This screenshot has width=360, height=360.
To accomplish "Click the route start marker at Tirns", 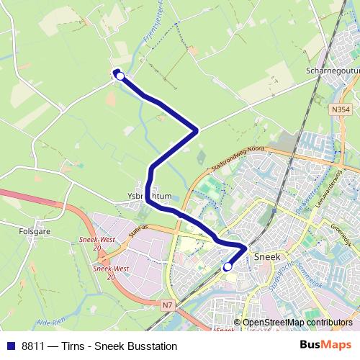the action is pos(120,76).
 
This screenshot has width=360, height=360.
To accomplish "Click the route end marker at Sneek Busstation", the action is pos(228,266).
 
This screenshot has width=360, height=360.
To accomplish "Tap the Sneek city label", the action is pos(268,256).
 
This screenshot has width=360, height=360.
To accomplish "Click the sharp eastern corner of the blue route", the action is pos(197,130).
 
